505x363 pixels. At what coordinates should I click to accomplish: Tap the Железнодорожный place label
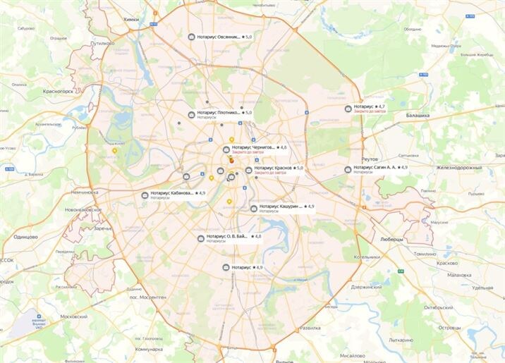coord(458,168)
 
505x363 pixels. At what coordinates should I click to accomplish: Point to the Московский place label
coord(74,316)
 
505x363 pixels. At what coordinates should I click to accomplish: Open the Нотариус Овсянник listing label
coord(218,36)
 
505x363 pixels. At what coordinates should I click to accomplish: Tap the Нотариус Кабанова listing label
coord(172,192)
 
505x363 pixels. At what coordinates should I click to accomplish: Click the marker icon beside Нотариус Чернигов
coord(226,149)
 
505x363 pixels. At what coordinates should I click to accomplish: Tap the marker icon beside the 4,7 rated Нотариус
coord(348,109)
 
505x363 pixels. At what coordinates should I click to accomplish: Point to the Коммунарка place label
coord(149,349)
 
